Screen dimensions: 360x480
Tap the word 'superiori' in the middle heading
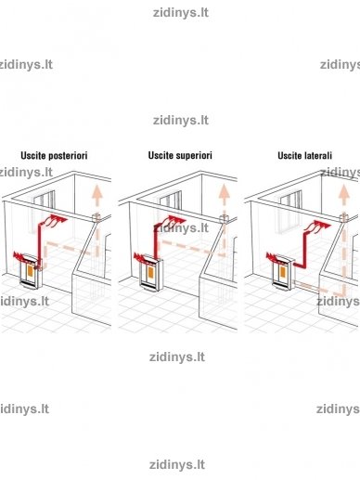click(x=194, y=155)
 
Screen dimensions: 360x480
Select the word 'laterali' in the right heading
click(x=316, y=155)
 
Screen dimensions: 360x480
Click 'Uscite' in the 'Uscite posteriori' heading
click(x=32, y=155)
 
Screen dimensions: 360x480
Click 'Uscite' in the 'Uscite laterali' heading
click(x=289, y=155)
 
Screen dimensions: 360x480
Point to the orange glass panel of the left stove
click(x=30, y=271)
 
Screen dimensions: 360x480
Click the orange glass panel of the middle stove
click(x=150, y=272)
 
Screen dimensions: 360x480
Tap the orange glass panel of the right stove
click(x=283, y=271)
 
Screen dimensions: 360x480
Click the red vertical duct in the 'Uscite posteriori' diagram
click(x=39, y=244)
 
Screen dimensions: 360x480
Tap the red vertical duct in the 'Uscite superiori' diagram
click(x=156, y=241)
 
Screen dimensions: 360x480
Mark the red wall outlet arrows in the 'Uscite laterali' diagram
click(x=318, y=227)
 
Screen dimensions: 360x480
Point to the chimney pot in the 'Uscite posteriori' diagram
click(x=96, y=218)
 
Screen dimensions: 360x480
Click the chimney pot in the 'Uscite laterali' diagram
click(x=344, y=218)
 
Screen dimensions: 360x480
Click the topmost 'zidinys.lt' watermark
click(x=181, y=13)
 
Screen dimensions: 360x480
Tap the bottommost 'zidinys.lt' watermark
click(x=177, y=465)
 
